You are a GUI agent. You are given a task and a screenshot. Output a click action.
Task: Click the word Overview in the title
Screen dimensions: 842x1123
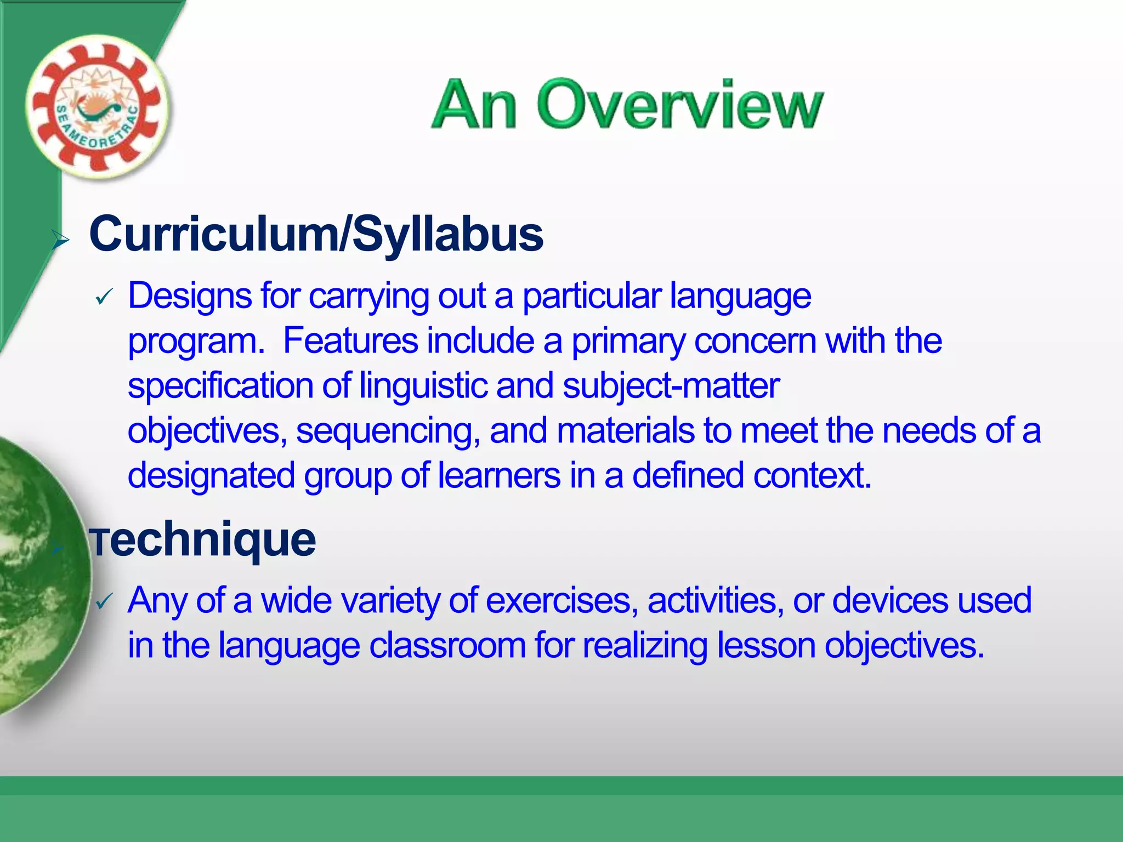[679, 105]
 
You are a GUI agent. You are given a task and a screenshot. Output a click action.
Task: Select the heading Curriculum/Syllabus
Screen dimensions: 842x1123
[316, 235]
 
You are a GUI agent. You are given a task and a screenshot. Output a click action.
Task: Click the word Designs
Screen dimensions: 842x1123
[190, 296]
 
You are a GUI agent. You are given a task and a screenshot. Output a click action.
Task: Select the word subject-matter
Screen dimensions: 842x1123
[671, 386]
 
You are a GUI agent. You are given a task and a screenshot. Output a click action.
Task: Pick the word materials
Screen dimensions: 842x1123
[625, 430]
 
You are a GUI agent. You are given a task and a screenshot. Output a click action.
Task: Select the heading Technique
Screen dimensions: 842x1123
[203, 540]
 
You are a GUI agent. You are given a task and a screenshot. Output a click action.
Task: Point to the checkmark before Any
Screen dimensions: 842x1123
[104, 602]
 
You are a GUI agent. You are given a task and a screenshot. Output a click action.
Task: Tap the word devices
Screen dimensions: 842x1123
[891, 601]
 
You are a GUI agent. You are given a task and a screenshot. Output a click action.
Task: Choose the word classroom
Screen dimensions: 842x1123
[447, 646]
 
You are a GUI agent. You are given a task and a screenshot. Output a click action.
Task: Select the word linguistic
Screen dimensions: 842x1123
[423, 386]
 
